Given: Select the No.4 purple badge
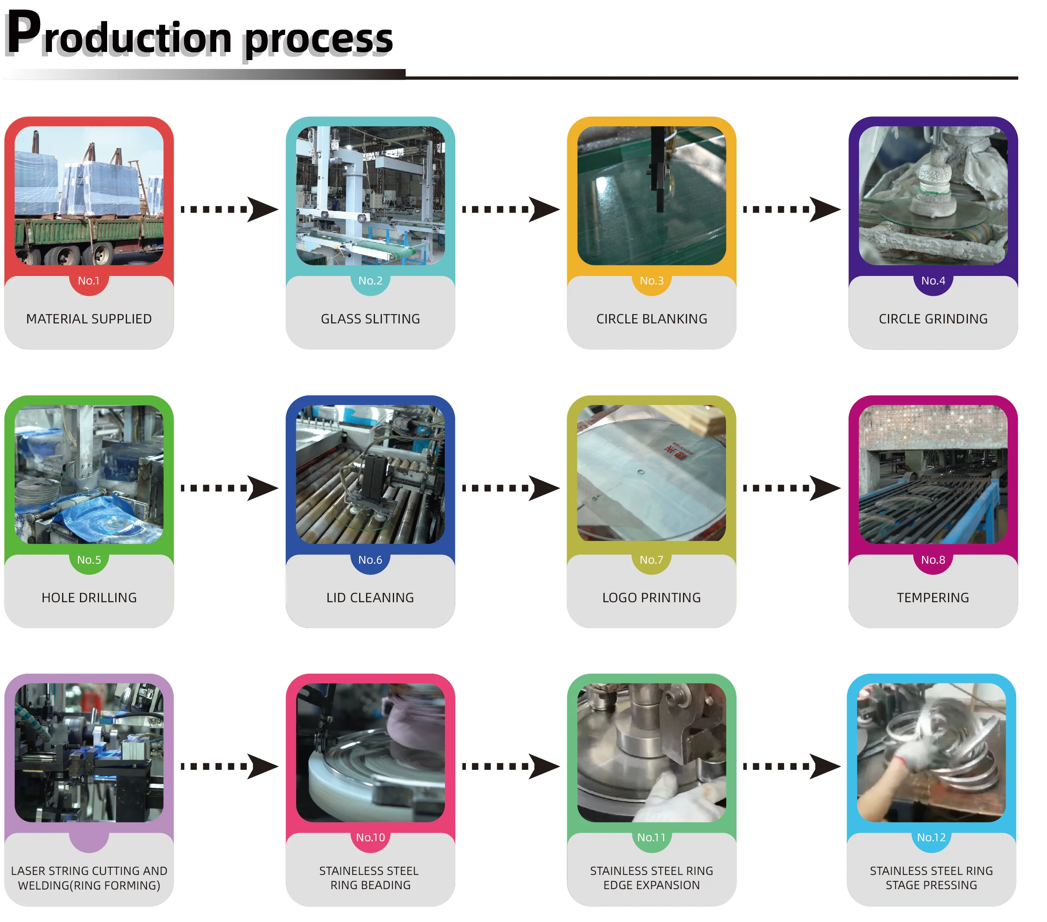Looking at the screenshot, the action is pos(933,281).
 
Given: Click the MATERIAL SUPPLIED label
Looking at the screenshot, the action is pos(89,319).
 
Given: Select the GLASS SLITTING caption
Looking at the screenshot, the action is pos(371,319).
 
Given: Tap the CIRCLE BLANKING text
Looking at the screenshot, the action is pos(652,319).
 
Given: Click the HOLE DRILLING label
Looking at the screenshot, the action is pos(89,598).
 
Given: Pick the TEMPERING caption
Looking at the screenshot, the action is pos(933,598).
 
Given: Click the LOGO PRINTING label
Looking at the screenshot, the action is pos(652,598).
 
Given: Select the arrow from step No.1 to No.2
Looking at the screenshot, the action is pos(229,209).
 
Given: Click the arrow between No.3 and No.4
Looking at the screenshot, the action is pos(792,209).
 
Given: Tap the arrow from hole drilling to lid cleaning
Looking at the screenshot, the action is pos(229,488).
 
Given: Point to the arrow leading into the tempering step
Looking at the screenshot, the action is pos(792,488).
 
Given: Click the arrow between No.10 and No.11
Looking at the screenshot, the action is pos(511,766).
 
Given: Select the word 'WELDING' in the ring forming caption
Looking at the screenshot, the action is pos(43,885).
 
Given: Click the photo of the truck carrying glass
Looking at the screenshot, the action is pos(89,196).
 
